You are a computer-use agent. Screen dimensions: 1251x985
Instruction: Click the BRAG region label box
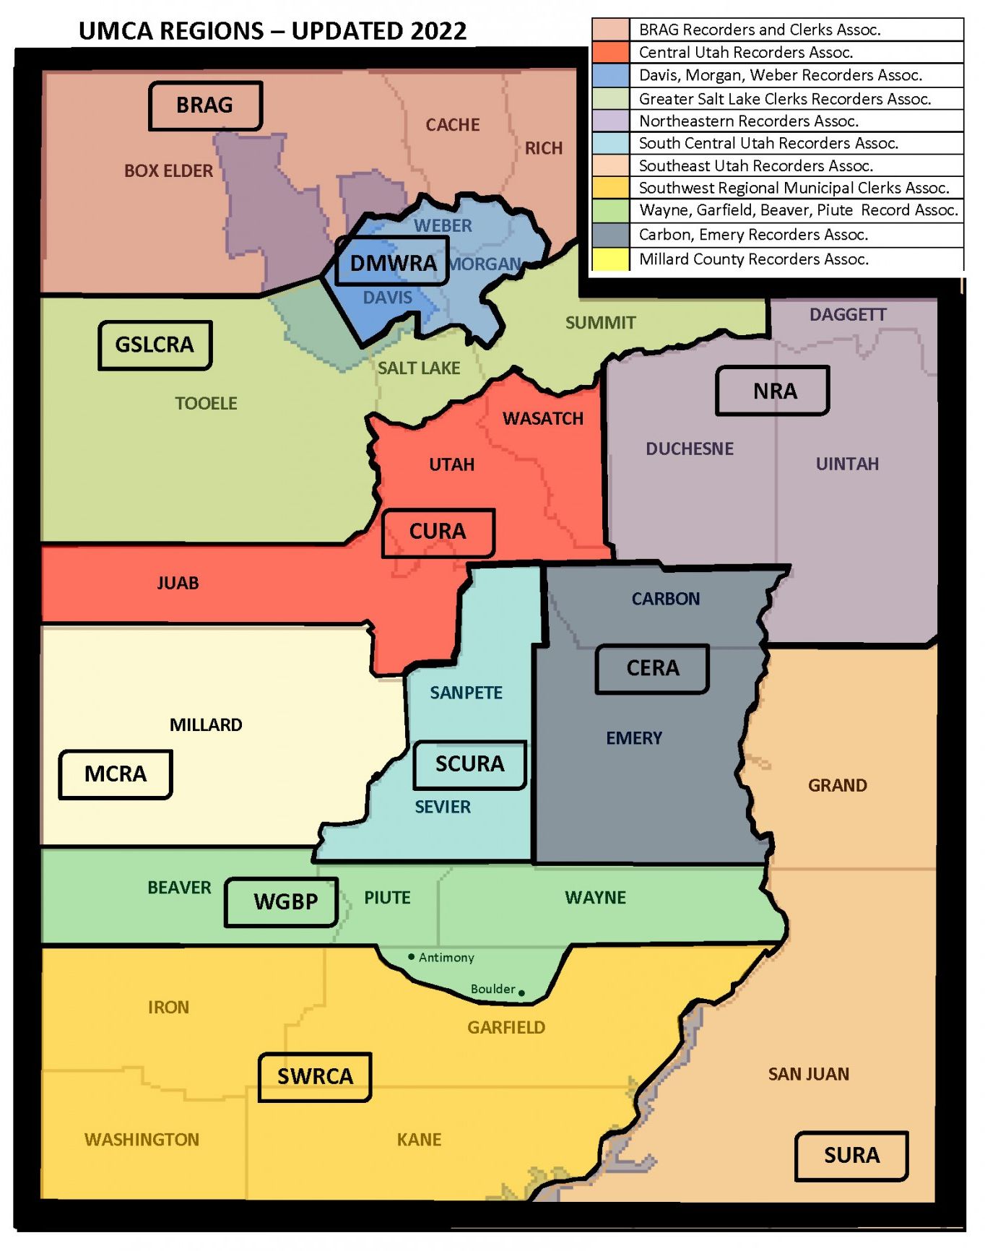pyautogui.click(x=205, y=105)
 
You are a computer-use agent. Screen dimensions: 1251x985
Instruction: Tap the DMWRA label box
pyautogui.click(x=392, y=262)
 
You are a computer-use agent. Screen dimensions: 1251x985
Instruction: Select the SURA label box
pyautogui.click(x=851, y=1155)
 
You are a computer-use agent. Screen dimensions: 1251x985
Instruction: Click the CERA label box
pyautogui.click(x=651, y=668)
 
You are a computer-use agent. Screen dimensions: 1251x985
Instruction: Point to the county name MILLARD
pyautogui.click(x=206, y=724)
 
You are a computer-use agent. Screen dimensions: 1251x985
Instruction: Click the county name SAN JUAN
pyautogui.click(x=808, y=1074)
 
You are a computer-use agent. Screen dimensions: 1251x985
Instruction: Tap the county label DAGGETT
pyautogui.click(x=847, y=315)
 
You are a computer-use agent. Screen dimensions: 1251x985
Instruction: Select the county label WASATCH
pyautogui.click(x=542, y=418)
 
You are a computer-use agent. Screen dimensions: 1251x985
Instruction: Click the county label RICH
pyautogui.click(x=543, y=148)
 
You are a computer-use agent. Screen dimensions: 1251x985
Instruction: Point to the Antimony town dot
pyautogui.click(x=412, y=956)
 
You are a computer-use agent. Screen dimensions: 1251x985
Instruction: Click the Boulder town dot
pyautogui.click(x=521, y=993)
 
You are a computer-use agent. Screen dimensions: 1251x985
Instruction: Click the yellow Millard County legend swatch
pyautogui.click(x=610, y=259)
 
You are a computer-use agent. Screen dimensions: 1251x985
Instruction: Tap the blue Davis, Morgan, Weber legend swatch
pyautogui.click(x=610, y=75)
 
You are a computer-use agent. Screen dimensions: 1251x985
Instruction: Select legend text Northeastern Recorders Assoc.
pyautogui.click(x=748, y=121)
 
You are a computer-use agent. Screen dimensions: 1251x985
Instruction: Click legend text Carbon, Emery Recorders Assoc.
pyautogui.click(x=753, y=235)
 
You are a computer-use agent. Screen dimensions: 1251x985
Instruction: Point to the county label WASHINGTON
pyautogui.click(x=142, y=1139)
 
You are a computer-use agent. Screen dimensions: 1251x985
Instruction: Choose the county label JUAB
pyautogui.click(x=178, y=583)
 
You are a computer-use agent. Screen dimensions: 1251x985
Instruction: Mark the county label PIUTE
pyautogui.click(x=387, y=897)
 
